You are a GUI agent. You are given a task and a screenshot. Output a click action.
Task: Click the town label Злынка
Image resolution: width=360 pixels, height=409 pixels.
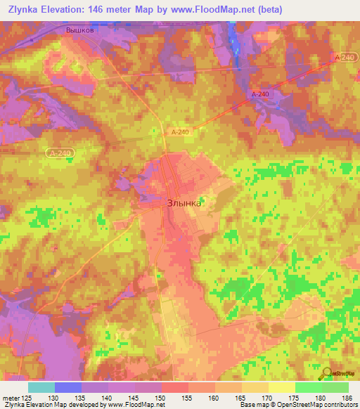pyautogui.click(x=185, y=203)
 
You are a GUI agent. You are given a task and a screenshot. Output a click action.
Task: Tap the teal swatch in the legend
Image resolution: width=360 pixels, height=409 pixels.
pyautogui.click(x=41, y=387)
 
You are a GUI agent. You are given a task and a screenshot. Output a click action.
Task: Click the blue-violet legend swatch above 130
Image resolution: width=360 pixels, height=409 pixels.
pyautogui.click(x=68, y=387)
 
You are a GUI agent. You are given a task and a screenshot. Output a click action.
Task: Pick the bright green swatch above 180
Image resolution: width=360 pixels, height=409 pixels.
pyautogui.click(x=309, y=387)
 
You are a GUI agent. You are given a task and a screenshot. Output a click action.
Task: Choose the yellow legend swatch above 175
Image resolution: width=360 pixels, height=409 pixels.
pyautogui.click(x=282, y=387)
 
